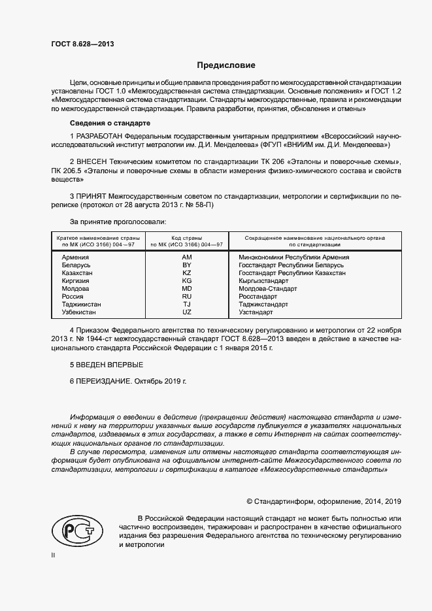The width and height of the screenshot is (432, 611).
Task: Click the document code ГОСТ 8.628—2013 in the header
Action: click(x=81, y=44)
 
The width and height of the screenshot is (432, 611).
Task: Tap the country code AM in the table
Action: click(x=187, y=257)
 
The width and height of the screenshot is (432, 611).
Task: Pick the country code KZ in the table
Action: click(x=187, y=273)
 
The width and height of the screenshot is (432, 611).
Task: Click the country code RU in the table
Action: click(x=187, y=297)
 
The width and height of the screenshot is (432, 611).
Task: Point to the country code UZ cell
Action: click(x=187, y=312)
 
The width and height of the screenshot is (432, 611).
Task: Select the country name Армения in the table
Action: click(x=75, y=257)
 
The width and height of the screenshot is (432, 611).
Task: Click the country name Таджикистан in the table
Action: click(x=81, y=305)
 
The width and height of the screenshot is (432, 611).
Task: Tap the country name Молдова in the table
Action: click(x=76, y=289)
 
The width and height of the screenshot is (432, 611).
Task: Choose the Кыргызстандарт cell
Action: click(x=263, y=281)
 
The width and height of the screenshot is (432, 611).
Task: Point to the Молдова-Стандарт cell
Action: click(x=267, y=289)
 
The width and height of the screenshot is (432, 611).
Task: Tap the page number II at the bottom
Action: click(x=54, y=555)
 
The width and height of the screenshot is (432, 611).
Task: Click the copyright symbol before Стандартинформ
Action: click(x=249, y=502)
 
